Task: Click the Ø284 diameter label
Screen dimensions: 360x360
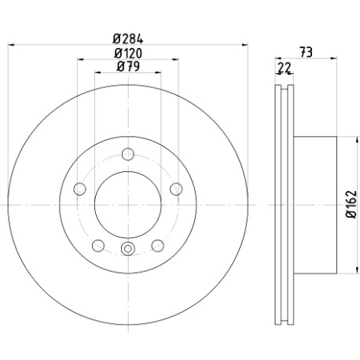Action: coord(128,39)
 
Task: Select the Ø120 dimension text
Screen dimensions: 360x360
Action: coord(128,53)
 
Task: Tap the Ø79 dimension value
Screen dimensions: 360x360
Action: coord(128,66)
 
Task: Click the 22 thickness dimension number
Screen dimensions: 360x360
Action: coord(285,68)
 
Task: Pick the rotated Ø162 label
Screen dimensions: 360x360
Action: coord(351,204)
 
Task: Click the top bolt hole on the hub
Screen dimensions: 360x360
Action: coord(128,154)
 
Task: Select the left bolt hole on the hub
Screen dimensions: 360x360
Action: coord(80,189)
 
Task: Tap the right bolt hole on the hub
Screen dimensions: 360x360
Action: coord(176,189)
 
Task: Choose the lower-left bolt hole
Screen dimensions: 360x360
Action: coord(98,246)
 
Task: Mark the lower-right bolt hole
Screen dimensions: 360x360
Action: coord(158,246)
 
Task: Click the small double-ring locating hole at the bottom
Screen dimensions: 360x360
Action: coord(128,248)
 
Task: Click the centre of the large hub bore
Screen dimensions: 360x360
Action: coord(128,205)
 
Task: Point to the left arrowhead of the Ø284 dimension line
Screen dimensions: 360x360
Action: coord(11,45)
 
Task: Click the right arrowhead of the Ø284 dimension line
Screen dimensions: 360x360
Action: coord(244,45)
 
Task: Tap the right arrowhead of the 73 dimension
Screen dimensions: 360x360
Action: coord(333,58)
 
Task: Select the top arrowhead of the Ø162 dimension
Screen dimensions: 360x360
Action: coord(357,140)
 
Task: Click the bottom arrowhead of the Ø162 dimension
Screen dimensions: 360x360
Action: coord(357,270)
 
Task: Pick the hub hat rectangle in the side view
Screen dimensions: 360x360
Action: coord(315,205)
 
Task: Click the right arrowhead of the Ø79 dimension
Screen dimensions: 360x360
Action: coord(158,72)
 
